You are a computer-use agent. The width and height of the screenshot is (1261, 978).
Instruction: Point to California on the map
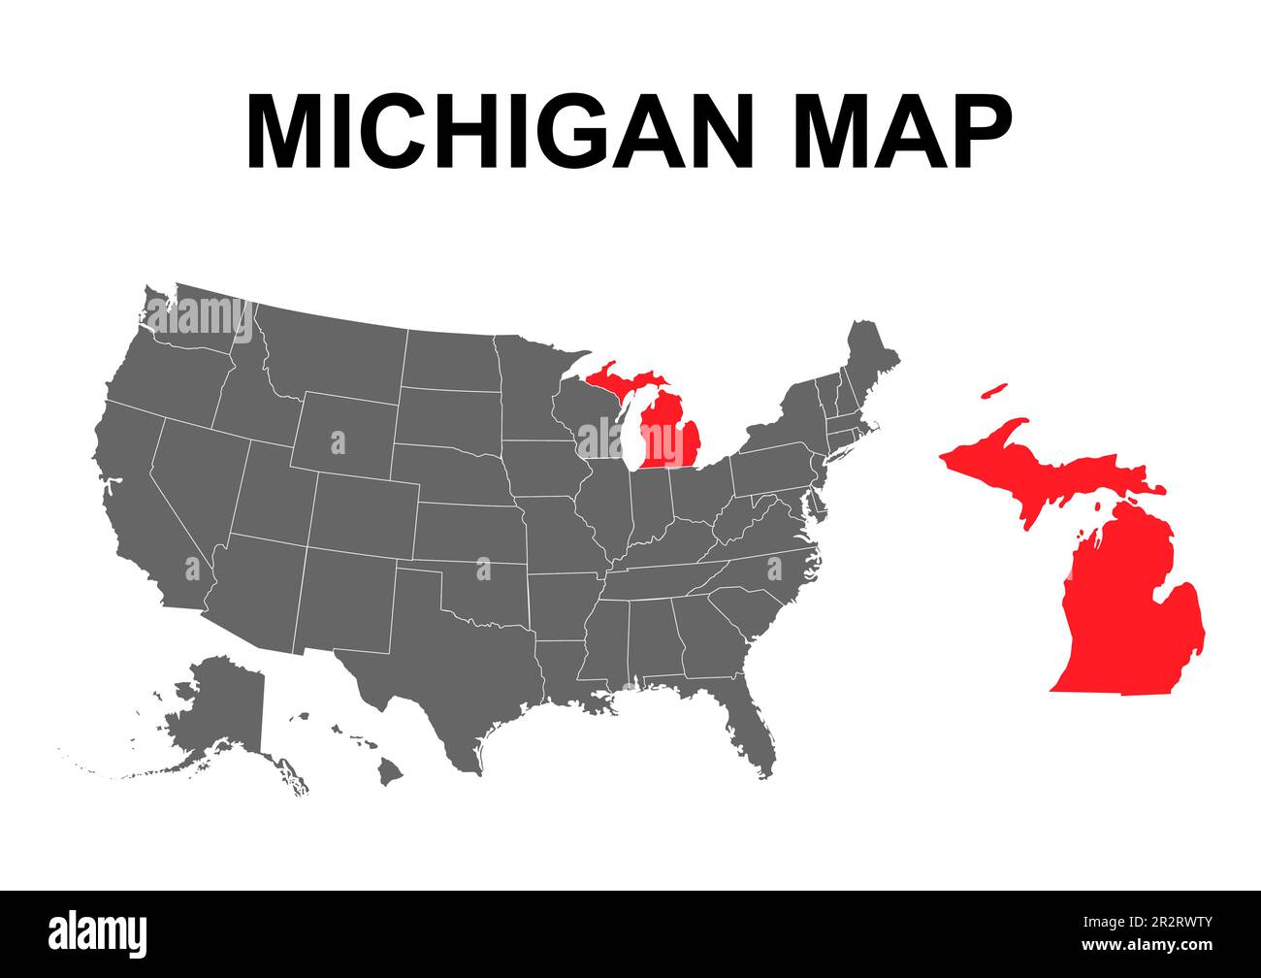pos(145,514)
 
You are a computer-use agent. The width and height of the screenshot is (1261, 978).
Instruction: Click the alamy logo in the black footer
pos(97,933)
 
